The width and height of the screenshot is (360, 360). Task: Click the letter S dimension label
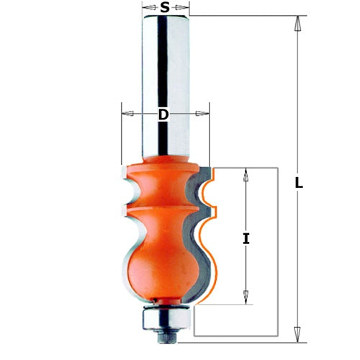165,8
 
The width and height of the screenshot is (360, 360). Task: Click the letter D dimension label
163,114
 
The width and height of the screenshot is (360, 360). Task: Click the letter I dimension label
246,239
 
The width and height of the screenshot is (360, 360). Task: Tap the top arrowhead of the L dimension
297,23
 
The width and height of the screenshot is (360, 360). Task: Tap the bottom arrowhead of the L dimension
297,335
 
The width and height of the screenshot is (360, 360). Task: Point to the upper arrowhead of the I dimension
246,175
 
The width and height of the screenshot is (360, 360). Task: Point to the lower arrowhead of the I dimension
246,297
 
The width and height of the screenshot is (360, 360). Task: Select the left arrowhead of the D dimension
127,113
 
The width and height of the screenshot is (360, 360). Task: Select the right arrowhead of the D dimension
202,113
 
